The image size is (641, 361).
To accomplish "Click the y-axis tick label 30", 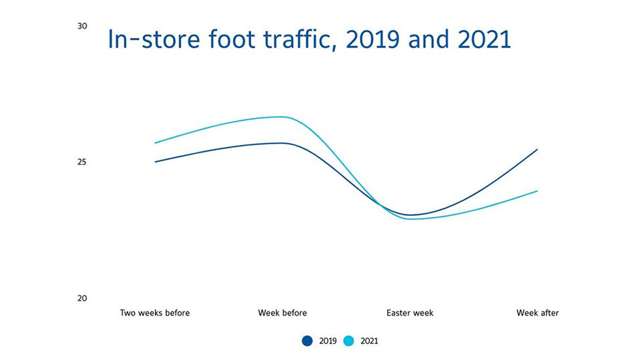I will tap(83, 26).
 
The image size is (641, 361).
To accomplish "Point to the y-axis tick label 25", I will tap(83, 162).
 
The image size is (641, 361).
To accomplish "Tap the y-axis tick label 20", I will tap(83, 298).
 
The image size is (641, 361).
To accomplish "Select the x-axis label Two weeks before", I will tap(155, 313).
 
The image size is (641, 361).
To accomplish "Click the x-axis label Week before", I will tap(282, 313).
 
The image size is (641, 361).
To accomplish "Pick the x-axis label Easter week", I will tap(410, 313).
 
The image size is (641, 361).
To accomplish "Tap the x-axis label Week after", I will tap(538, 313).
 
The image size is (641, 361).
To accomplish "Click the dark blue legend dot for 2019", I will tap(307, 341).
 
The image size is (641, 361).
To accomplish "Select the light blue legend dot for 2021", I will tap(348, 341).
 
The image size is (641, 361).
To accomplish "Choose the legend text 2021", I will tap(369, 341).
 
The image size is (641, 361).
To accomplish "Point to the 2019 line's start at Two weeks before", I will tap(155, 162).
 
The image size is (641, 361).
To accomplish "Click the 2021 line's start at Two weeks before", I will tap(155, 143).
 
